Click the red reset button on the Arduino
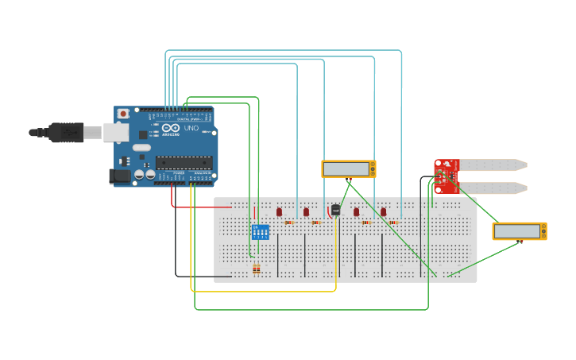coord(123,114)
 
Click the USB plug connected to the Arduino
coord(67,132)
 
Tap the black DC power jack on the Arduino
coord(120,176)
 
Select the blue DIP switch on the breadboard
coord(260,232)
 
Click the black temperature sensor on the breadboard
coord(335,210)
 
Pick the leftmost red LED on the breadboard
coord(279,212)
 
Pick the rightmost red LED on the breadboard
coord(383,212)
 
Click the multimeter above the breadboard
coord(348,168)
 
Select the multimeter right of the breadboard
coord(519,231)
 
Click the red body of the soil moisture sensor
coord(446,176)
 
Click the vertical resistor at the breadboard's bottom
coord(256,269)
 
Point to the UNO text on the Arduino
coord(191,128)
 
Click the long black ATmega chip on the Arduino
coord(184,163)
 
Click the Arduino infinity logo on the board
coord(171,127)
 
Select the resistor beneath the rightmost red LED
coord(392,223)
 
